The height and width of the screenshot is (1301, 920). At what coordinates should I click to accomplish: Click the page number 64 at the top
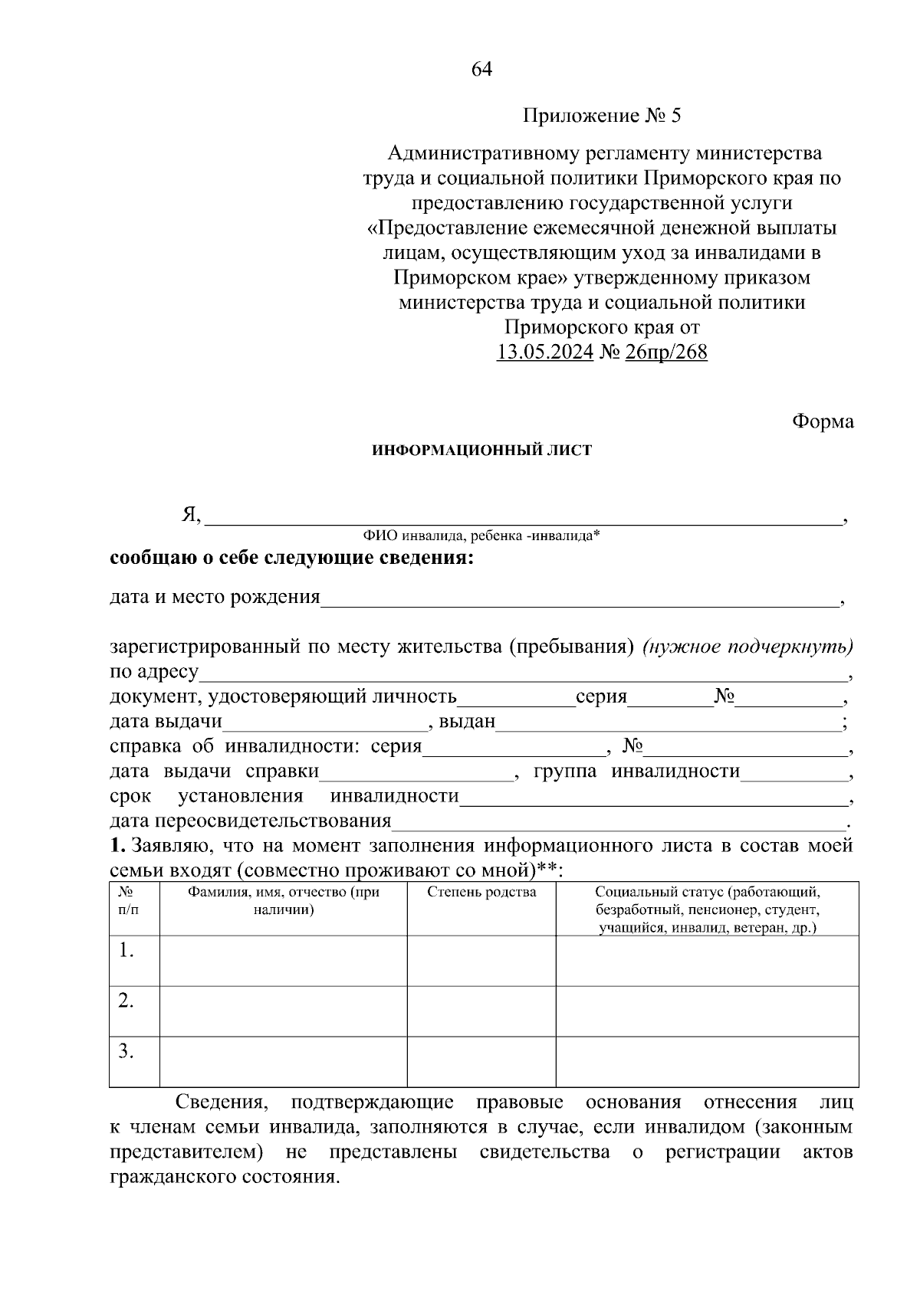[x=481, y=70]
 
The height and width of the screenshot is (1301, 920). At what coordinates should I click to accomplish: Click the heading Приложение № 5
[x=601, y=116]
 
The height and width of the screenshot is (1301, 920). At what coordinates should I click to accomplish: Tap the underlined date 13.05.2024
[x=544, y=352]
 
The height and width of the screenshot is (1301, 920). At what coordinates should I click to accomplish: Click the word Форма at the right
[x=823, y=421]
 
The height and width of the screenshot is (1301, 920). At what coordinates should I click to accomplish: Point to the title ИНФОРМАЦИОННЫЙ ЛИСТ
[x=481, y=451]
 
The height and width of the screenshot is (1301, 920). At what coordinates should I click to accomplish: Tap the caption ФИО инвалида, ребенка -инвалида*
[x=481, y=536]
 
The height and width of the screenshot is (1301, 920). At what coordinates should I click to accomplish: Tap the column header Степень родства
[x=481, y=893]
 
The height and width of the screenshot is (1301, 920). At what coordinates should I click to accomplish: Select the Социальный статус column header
[x=707, y=909]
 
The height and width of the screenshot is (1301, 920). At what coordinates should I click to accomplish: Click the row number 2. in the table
[x=127, y=1001]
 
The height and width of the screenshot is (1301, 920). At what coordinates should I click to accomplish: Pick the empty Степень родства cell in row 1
[x=481, y=961]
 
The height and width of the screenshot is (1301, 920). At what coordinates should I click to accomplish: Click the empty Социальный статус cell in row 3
[x=707, y=1062]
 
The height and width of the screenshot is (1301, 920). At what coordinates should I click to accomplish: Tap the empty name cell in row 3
[x=284, y=1062]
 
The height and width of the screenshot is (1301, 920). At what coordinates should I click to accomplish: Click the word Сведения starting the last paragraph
[x=222, y=1103]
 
